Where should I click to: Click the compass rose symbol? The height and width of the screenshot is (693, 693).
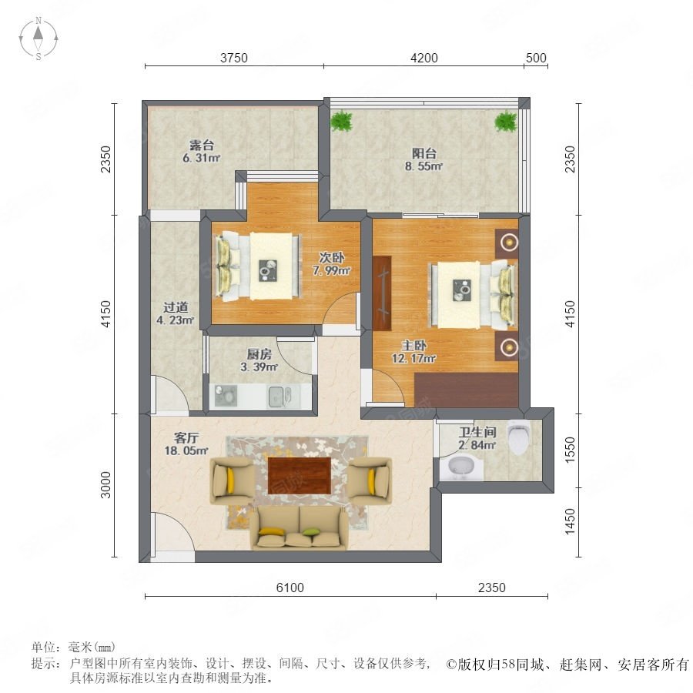tap(38, 38)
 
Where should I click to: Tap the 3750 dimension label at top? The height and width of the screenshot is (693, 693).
tap(234, 58)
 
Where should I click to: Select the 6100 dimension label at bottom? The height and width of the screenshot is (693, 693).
tap(290, 588)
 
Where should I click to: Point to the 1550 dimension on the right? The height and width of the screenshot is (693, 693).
tap(570, 450)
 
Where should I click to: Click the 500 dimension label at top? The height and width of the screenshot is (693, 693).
tap(536, 58)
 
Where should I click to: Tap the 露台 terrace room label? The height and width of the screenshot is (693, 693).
tap(202, 145)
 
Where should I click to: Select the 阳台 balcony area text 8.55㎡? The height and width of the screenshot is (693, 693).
tap(423, 166)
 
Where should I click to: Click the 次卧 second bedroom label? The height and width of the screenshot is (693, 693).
tap(332, 257)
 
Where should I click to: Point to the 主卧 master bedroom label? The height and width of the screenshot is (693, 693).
tap(413, 345)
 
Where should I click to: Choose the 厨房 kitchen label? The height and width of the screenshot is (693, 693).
tap(259, 354)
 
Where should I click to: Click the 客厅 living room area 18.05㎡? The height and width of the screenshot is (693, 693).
tap(186, 450)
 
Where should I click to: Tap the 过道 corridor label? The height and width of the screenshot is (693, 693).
tap(176, 306)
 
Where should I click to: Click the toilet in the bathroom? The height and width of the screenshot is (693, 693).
tap(518, 437)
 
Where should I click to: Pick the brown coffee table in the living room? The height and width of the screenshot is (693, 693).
tap(300, 476)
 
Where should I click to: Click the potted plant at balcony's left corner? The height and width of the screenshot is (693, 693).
tap(342, 120)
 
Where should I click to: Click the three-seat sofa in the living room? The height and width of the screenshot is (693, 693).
tap(300, 527)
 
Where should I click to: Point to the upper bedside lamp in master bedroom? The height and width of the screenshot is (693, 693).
tap(510, 243)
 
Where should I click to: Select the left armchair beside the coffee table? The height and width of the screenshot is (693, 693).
tap(232, 480)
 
